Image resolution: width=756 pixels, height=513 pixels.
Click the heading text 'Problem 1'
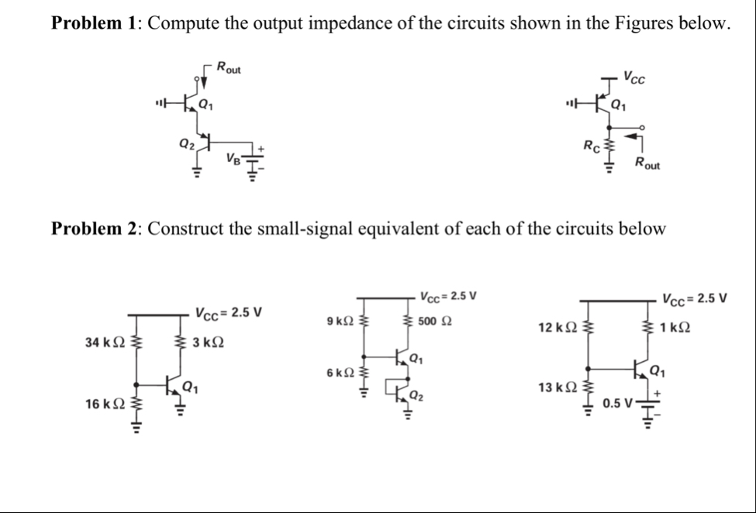click(94, 22)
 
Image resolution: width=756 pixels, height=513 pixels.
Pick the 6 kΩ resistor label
click(341, 374)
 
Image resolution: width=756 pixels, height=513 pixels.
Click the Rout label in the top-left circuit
click(229, 68)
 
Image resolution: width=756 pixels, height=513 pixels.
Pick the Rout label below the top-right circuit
click(645, 163)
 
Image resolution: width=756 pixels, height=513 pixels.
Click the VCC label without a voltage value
click(636, 78)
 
